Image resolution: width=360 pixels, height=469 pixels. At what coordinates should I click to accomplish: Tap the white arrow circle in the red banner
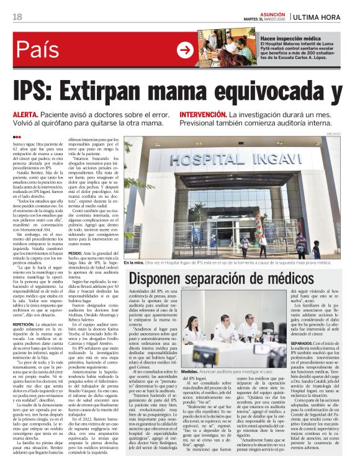pyautogui.click(x=186, y=50)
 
